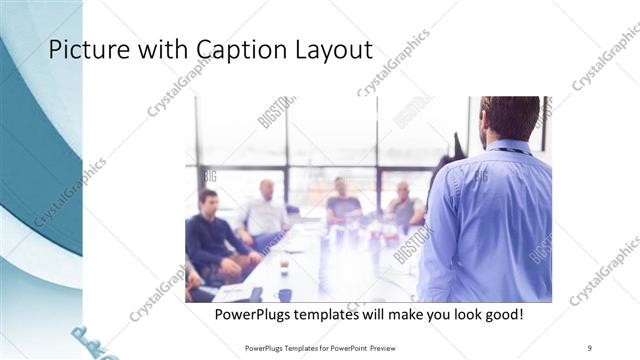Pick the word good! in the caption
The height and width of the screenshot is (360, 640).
pyautogui.click(x=499, y=315)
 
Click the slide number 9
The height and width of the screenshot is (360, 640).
pyautogui.click(x=589, y=347)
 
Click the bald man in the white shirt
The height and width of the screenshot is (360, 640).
pyautogui.click(x=265, y=210)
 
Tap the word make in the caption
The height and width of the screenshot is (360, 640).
pyautogui.click(x=390, y=315)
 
